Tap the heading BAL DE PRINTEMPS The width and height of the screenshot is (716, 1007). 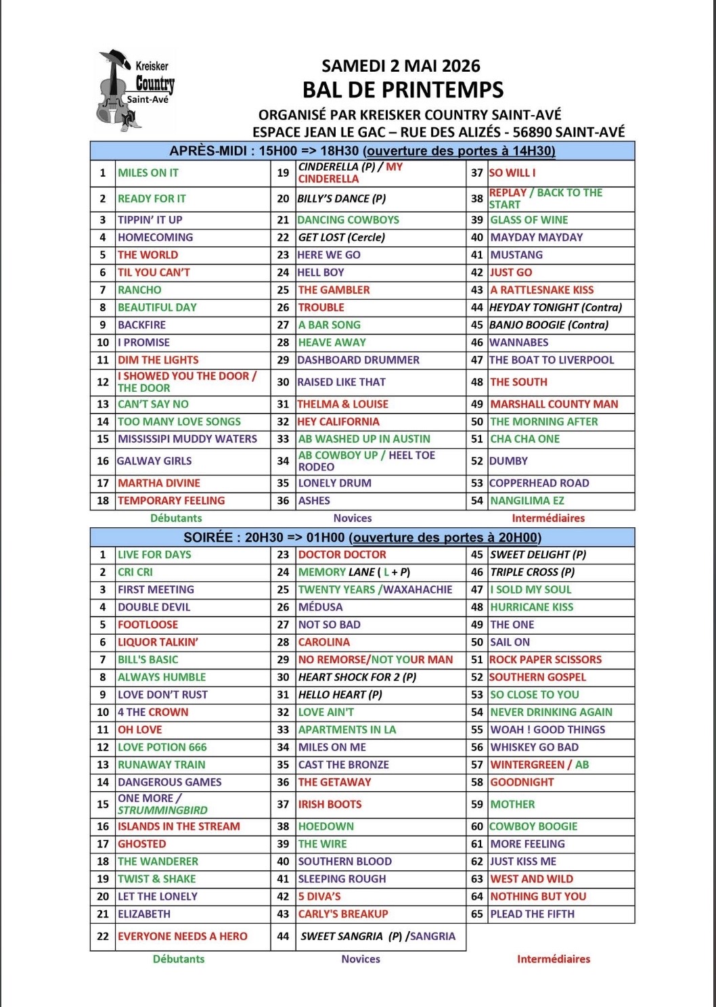click(x=403, y=89)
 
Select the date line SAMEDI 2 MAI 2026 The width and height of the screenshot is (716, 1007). click(x=401, y=66)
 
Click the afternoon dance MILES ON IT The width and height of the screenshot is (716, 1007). click(x=148, y=173)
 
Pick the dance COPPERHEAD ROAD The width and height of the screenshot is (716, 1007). click(x=539, y=483)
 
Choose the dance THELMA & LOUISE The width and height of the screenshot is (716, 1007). click(x=343, y=404)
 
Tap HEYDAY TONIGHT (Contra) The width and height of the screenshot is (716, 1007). click(x=556, y=307)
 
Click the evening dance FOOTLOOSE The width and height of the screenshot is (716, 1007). click(x=148, y=625)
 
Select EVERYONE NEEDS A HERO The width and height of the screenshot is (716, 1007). click(x=183, y=937)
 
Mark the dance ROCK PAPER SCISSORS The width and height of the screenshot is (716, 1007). click(x=545, y=660)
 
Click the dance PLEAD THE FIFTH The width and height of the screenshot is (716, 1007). click(x=533, y=914)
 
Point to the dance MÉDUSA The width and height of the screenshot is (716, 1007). click(x=321, y=607)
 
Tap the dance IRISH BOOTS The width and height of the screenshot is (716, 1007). click(x=330, y=805)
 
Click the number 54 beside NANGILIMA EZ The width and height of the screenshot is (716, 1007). click(x=477, y=501)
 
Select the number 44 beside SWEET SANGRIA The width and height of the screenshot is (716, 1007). click(x=283, y=937)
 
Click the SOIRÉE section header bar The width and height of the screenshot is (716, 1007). click(x=362, y=538)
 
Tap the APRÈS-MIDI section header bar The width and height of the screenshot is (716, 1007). click(x=362, y=151)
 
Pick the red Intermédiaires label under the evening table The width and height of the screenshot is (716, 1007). click(x=554, y=959)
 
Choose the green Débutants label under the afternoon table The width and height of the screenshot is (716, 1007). click(x=176, y=518)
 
